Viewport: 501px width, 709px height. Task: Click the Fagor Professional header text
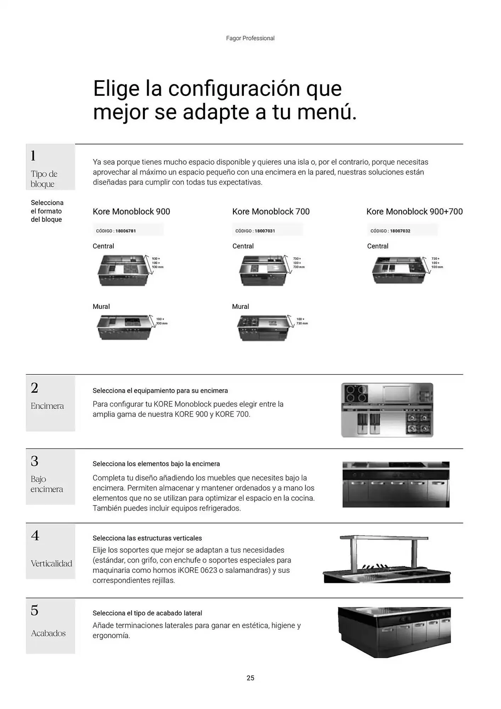point(250,38)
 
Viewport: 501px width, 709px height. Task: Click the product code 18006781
point(125,231)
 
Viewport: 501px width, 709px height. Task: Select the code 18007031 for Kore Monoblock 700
point(265,231)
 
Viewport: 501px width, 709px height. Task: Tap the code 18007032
point(400,231)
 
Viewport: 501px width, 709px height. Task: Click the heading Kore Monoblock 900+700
point(414,212)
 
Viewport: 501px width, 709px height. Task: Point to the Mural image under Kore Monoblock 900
point(124,328)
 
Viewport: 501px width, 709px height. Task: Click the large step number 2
point(34,388)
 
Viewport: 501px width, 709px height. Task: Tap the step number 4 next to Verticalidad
point(35,535)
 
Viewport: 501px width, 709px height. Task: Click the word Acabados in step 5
point(48,633)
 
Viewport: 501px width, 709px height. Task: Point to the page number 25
point(250,678)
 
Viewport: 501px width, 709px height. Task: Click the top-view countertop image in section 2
point(387,410)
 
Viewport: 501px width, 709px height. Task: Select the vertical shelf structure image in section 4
point(386,559)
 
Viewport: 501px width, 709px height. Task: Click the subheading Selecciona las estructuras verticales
point(147,538)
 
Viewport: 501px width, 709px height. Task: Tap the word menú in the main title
point(326,112)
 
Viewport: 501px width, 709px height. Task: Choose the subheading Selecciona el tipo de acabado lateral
point(147,613)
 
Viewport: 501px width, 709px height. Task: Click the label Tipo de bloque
point(44,179)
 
